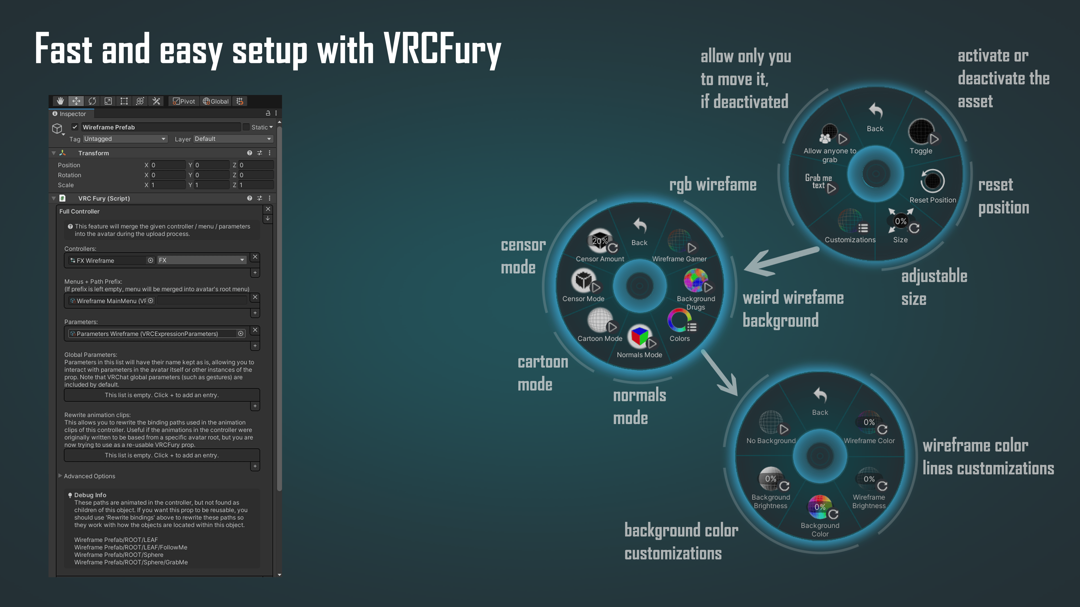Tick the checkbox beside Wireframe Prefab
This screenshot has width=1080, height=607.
tap(75, 127)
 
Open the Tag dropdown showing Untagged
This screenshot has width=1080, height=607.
tap(125, 139)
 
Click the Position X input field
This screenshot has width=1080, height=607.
tap(168, 165)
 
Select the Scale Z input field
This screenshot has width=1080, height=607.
tap(256, 185)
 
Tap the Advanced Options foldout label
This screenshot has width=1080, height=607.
tap(89, 476)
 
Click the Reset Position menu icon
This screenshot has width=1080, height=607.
tap(932, 181)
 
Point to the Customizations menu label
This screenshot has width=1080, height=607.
tap(850, 240)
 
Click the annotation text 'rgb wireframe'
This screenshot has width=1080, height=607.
tap(713, 185)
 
